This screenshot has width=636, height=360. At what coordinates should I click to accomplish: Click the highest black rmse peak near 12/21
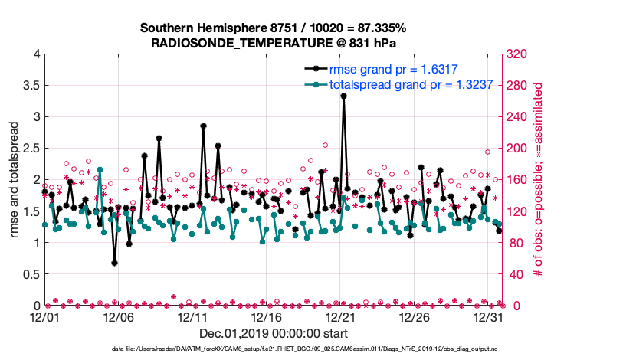pos(344,96)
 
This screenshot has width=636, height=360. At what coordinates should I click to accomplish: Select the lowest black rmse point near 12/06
pos(114,263)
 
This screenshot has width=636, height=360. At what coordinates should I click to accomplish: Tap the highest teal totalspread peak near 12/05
pos(100,169)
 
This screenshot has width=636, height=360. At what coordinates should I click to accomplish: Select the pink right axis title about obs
pos(538,180)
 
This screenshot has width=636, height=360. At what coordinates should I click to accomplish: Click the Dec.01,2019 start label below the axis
pos(274,333)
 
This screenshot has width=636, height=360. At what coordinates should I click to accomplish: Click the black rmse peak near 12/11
pos(203,126)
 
